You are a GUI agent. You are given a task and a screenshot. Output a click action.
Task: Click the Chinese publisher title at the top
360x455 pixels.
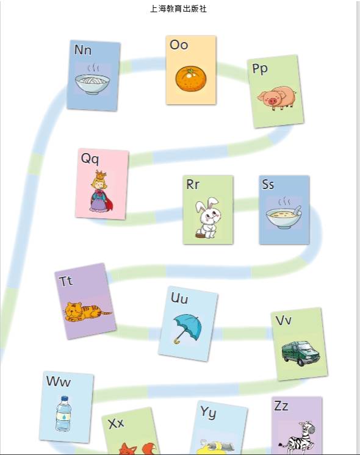(178, 9)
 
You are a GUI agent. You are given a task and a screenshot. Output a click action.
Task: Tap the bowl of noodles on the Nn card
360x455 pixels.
(92, 84)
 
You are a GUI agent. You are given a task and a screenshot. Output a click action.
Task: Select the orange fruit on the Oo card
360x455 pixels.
(191, 79)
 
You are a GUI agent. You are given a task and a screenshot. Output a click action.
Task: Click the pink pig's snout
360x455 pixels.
(272, 101)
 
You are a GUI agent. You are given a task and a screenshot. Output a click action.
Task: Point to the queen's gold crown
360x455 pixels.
(101, 175)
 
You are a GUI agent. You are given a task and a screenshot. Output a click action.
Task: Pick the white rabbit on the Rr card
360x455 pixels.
(208, 218)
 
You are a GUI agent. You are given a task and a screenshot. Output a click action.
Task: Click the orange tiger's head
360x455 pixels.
(73, 311)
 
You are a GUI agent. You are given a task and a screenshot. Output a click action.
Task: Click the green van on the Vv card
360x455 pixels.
(301, 353)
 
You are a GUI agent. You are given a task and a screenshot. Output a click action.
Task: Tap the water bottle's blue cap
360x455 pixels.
(65, 399)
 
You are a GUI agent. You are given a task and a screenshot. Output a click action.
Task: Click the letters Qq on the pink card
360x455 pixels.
(90, 159)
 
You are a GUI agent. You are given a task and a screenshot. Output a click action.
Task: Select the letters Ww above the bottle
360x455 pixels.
(58, 381)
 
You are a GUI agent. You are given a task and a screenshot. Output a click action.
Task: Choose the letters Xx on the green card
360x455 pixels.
(116, 424)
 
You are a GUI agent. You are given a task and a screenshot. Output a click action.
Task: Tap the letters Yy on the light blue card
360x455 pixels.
(208, 412)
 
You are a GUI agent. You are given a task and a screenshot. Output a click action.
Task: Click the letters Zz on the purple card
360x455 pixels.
(281, 406)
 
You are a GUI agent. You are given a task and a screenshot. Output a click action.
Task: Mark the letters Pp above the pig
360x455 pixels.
(260, 69)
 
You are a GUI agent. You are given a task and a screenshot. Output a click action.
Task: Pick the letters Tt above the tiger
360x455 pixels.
(66, 281)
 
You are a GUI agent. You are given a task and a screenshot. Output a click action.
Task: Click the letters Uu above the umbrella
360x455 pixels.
(179, 298)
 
